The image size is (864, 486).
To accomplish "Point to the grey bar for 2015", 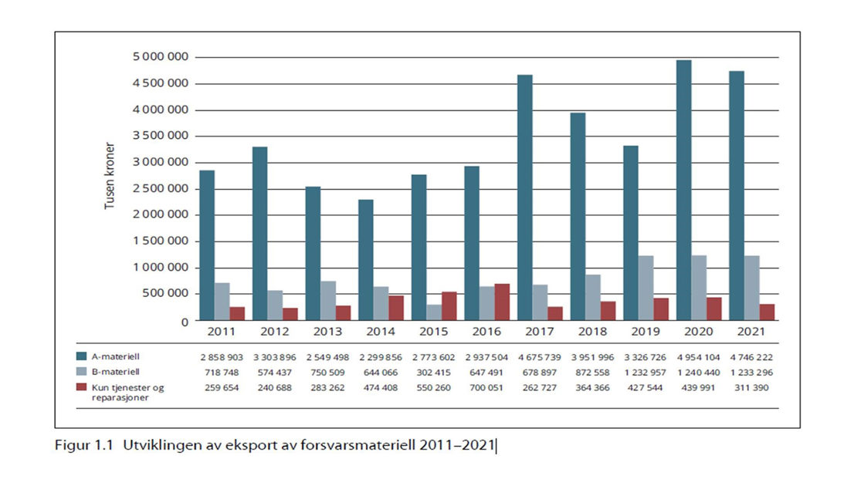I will point(434,312).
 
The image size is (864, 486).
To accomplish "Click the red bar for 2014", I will point(395,308).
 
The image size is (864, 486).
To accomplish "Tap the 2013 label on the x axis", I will point(327,332).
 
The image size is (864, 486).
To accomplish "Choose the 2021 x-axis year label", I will point(750,332).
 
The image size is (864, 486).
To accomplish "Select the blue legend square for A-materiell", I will point(82,357).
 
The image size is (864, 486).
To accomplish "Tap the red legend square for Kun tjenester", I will point(82,386).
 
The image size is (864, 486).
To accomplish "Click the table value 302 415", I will point(434,372).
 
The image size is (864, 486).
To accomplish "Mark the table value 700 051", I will point(487,386).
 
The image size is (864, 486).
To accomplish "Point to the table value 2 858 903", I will point(222,357).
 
